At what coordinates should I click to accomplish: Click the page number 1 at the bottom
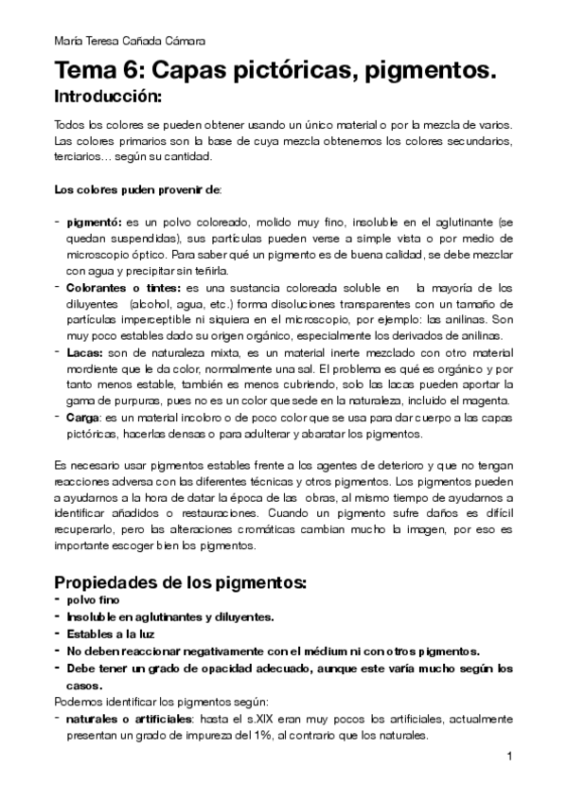(x=509, y=757)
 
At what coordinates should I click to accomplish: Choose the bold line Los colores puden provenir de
(x=136, y=189)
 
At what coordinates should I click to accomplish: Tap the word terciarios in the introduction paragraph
(x=79, y=156)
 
